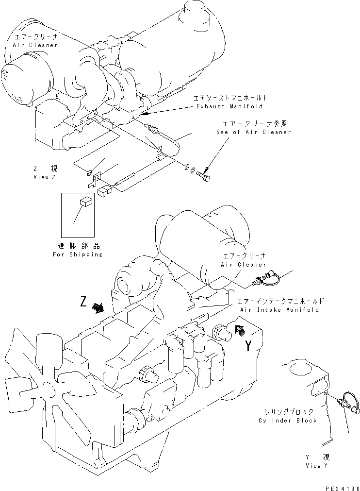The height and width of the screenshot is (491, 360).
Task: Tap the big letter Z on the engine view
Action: coord(84,303)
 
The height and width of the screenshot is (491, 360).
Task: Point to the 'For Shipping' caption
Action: coord(78,254)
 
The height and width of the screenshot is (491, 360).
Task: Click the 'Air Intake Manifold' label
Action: coord(279,309)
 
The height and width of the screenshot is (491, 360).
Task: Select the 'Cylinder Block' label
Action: coord(288,421)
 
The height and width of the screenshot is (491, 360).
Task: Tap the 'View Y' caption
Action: coord(313,466)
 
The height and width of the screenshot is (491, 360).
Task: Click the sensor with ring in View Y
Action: coord(347,402)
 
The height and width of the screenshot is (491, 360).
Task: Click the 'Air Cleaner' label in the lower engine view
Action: coord(244,265)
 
